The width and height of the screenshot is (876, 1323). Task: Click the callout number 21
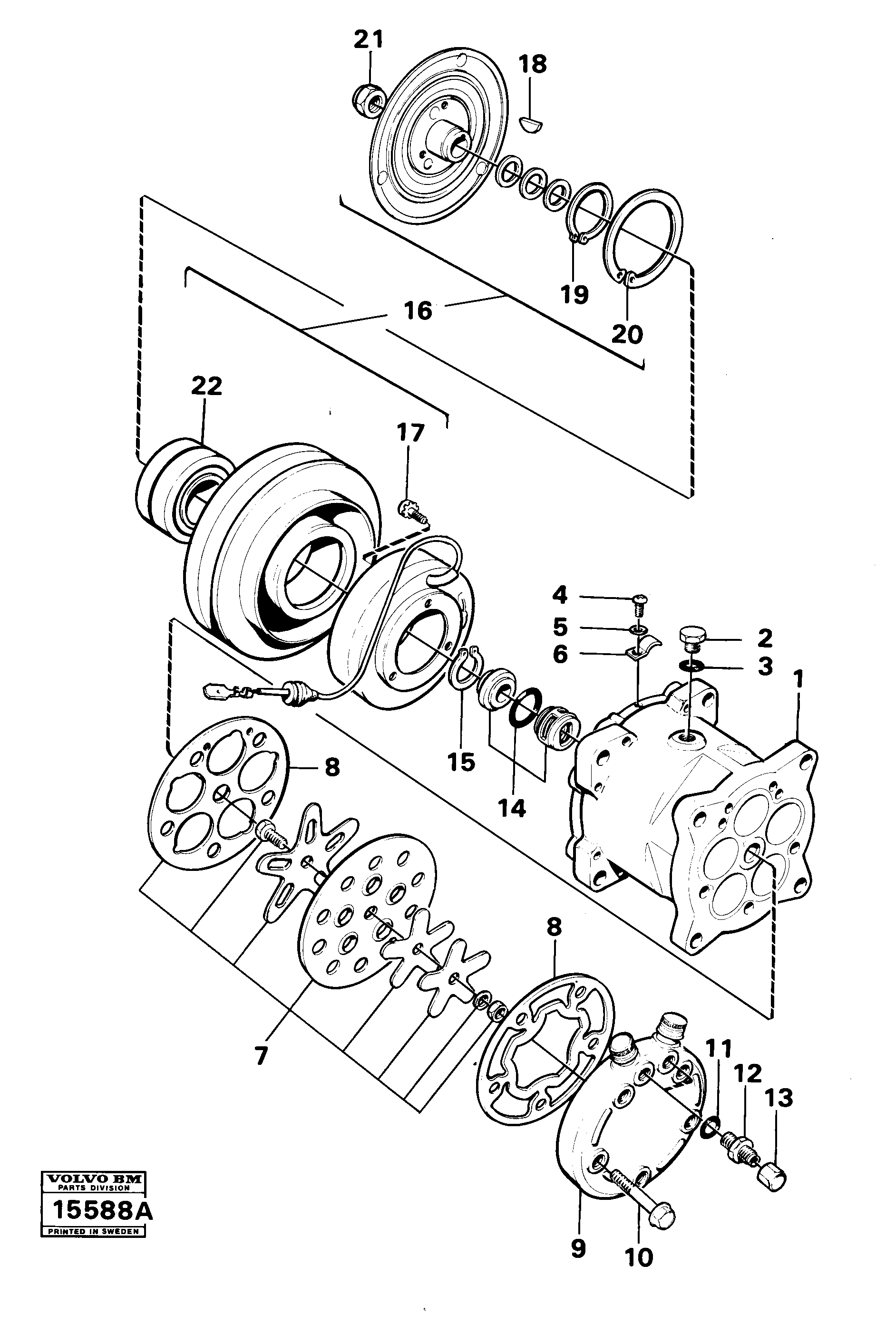coord(369,40)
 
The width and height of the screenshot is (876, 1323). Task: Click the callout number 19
coord(575,294)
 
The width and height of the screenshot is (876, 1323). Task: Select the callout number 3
coord(765,666)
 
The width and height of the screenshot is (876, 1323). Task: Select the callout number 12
coord(748,1073)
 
